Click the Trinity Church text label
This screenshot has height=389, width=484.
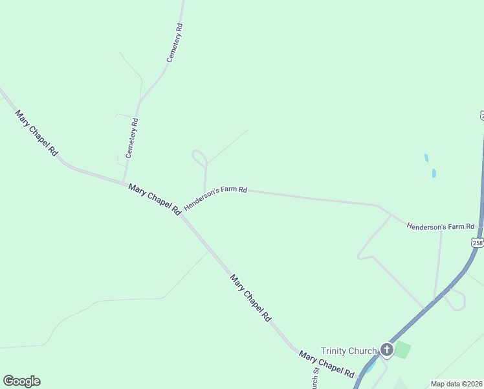(348, 351)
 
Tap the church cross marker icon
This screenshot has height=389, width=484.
(386, 350)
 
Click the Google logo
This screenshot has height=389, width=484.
(21, 381)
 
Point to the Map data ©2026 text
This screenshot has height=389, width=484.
(456, 384)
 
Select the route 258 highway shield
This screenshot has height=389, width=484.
(478, 242)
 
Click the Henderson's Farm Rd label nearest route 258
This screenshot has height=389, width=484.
(441, 226)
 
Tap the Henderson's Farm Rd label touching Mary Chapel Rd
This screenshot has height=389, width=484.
(215, 198)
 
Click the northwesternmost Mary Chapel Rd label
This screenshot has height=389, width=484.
(37, 133)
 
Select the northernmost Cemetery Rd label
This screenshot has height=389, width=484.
(175, 43)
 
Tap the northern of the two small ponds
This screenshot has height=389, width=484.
(426, 158)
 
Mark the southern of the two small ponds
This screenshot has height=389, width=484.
(434, 173)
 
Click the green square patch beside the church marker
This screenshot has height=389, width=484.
(402, 350)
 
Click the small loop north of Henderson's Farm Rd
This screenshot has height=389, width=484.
(199, 158)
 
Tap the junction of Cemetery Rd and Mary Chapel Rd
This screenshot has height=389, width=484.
(124, 182)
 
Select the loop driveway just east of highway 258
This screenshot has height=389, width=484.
(458, 300)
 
